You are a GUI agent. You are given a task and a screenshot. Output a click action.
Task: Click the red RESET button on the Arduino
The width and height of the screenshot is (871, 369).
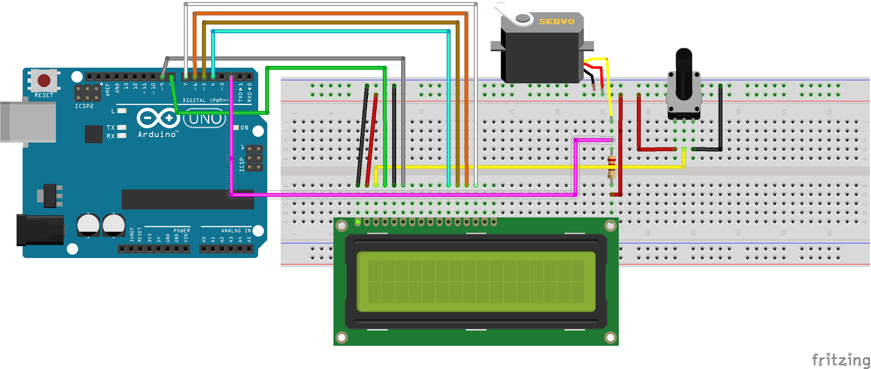click(44, 81)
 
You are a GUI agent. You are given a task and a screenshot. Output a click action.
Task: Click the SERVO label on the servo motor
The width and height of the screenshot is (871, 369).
click(556, 22)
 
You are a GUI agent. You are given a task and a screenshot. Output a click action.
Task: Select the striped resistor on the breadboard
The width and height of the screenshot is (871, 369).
click(611, 167)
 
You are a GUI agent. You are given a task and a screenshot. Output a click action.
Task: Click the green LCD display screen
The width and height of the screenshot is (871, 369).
click(476, 281)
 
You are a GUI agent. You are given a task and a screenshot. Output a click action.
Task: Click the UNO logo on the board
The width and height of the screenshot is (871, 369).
click(205, 119)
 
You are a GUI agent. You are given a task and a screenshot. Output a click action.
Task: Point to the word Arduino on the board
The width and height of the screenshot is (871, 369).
click(157, 134)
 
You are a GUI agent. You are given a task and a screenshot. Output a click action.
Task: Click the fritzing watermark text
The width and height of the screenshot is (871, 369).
click(841, 360)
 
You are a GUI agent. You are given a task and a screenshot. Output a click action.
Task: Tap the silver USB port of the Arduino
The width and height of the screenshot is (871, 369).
click(27, 122)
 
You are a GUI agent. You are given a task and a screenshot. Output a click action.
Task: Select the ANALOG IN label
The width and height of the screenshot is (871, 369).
click(236, 231)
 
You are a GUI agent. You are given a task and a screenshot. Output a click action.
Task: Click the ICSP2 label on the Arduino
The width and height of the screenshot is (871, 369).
click(84, 106)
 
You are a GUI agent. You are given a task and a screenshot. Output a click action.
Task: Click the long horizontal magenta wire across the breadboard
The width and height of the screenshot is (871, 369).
click(403, 194)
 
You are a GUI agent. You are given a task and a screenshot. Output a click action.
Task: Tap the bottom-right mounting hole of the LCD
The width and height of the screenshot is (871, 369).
click(610, 338)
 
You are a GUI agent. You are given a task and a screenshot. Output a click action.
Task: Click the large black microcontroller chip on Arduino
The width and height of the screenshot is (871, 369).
click(187, 199)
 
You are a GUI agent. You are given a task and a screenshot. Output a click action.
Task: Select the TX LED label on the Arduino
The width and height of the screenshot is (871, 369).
click(111, 127)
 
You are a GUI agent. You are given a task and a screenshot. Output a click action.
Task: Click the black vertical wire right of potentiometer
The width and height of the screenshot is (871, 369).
click(720, 117)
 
